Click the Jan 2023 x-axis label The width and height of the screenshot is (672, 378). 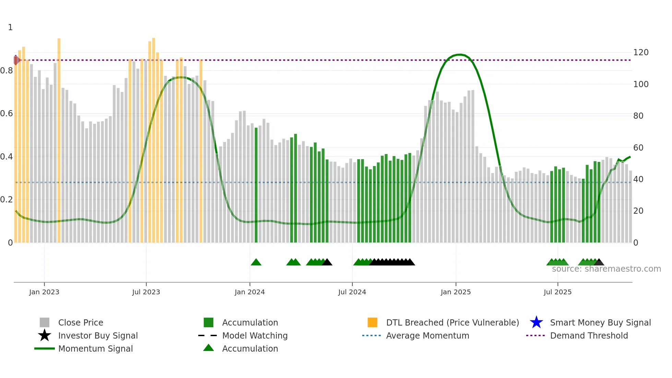click(x=44, y=292)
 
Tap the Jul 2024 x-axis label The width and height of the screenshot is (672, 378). click(x=352, y=292)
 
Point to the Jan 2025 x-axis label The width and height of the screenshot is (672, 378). click(x=456, y=292)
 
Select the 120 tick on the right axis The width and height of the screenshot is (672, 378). click(x=641, y=52)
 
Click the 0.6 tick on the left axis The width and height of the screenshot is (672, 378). click(x=7, y=114)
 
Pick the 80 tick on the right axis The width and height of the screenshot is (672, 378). click(x=638, y=116)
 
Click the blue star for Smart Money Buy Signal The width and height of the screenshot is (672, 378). click(x=536, y=322)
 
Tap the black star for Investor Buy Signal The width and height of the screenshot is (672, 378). click(x=45, y=335)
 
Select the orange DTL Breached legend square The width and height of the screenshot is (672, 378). click(x=372, y=322)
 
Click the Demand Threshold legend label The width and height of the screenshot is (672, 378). click(x=589, y=335)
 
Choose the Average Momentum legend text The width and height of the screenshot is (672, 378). click(x=428, y=335)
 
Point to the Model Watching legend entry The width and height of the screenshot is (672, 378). click(x=255, y=335)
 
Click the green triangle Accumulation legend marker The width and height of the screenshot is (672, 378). click(x=208, y=348)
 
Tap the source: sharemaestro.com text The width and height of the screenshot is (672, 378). click(x=606, y=269)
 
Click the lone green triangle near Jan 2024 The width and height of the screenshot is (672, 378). click(x=256, y=262)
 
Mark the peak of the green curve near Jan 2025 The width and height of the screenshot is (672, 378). click(x=459, y=55)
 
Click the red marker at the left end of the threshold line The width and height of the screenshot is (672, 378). click(x=16, y=60)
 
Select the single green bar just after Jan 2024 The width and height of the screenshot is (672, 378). click(x=256, y=185)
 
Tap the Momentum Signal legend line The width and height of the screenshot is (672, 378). click(x=45, y=349)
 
